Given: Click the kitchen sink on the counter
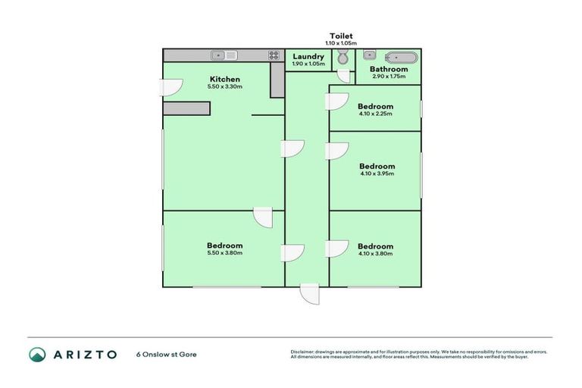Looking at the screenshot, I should pos(225,55).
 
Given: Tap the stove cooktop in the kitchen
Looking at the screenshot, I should pos(273,55).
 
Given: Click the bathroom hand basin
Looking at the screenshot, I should pos(369,55).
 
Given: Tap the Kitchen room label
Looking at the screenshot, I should pos(225,80).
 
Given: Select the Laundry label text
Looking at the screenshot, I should pos(308,56).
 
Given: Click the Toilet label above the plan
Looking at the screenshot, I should pos(341,36).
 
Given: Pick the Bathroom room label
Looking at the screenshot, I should pos(389,69).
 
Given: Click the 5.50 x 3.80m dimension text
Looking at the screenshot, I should pos(225,253).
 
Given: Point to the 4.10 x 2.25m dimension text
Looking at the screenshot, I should pos(376,114).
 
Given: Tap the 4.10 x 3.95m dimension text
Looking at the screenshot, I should pos(377,174).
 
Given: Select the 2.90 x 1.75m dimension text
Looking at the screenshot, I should pos(389,77).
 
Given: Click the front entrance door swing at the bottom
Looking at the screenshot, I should pos(309,293).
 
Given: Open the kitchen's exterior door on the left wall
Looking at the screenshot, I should pos(171,87).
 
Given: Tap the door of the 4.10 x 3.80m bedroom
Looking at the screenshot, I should pos(337,248).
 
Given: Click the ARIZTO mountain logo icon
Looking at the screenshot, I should pos(37,354).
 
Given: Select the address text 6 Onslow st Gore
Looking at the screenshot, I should pos(166,354).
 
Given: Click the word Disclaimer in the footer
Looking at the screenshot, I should pos(304,352).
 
